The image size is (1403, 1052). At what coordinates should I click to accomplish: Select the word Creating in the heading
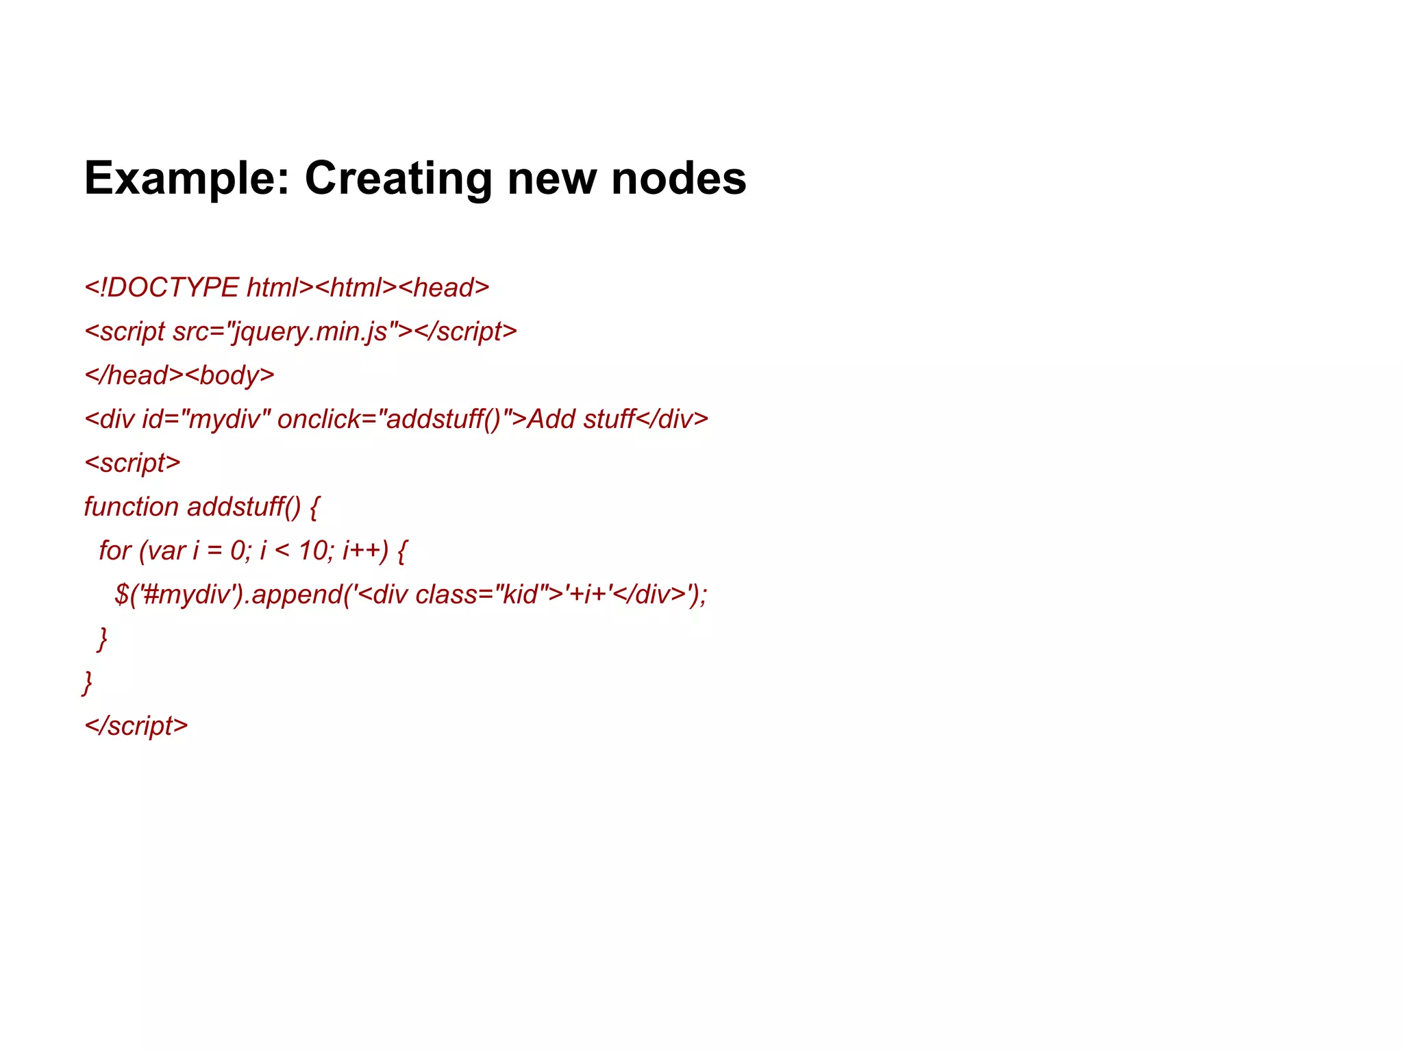397,179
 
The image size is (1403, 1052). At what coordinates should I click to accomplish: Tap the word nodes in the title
678,179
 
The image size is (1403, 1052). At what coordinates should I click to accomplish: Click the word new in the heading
551,179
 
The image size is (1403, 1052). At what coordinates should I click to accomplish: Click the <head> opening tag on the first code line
444,288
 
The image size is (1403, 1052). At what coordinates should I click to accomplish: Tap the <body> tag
229,375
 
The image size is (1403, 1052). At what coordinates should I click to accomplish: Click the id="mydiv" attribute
206,419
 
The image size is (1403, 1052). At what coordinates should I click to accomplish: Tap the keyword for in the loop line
114,551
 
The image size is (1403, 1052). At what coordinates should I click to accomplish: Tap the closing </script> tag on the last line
136,726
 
